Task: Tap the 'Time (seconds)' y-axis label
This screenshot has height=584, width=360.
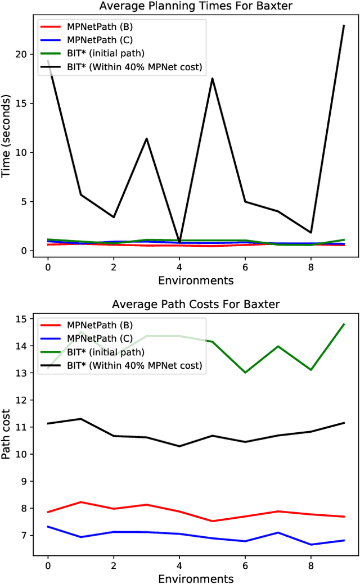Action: coord(7,137)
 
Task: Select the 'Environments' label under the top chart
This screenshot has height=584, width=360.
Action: coord(196,280)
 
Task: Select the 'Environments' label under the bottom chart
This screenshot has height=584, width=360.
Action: coord(196,578)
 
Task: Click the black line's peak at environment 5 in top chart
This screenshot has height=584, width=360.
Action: coord(212,78)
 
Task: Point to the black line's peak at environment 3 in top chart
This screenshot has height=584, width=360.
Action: coord(147,138)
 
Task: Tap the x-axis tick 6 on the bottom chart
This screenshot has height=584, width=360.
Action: coord(245,564)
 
